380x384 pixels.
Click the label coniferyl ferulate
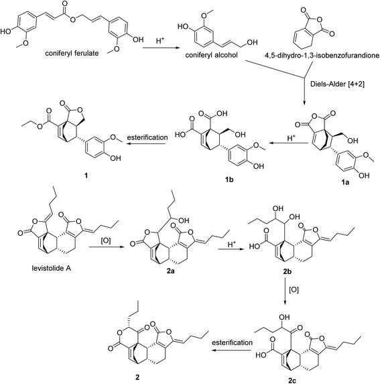click(72, 53)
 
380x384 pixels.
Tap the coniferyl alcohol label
click(211, 55)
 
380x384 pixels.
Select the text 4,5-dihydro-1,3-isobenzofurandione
click(322, 56)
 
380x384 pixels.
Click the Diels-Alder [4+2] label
click(337, 84)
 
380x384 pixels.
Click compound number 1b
click(229, 180)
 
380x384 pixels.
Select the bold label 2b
click(287, 272)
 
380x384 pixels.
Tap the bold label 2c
click(292, 381)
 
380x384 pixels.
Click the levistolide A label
click(52, 268)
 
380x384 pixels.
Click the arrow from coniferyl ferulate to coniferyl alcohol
click(161, 48)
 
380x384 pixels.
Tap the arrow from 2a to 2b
click(229, 249)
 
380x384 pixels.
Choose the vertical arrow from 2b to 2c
click(285, 292)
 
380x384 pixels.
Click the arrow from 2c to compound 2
click(232, 350)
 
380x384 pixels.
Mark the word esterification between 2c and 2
click(232, 342)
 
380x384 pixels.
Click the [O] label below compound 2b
click(294, 290)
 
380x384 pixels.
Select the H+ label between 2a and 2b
click(231, 245)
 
